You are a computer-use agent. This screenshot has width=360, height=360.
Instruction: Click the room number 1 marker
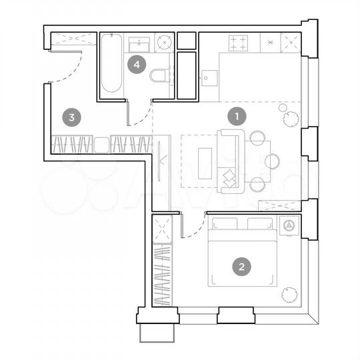(x=237, y=117)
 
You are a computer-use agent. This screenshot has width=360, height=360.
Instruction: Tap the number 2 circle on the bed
(x=242, y=267)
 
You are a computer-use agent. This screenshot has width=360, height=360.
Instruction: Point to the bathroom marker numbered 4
(x=137, y=65)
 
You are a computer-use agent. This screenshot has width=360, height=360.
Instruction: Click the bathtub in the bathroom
(x=111, y=64)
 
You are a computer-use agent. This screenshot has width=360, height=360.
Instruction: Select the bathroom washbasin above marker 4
(x=139, y=42)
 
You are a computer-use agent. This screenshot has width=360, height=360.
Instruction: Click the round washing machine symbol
(x=165, y=43)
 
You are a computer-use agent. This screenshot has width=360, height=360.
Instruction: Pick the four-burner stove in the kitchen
(x=239, y=43)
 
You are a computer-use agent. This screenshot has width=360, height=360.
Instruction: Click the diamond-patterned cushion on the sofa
(x=229, y=178)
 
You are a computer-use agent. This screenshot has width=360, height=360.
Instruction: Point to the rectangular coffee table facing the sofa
(x=205, y=163)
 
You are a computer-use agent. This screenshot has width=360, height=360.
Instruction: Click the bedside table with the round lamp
(x=289, y=226)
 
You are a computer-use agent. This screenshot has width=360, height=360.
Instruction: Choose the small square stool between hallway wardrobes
(x=101, y=144)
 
